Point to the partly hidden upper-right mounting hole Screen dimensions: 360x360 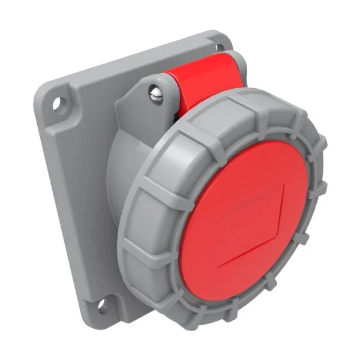223,44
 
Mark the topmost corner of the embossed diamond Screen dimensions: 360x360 283,186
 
